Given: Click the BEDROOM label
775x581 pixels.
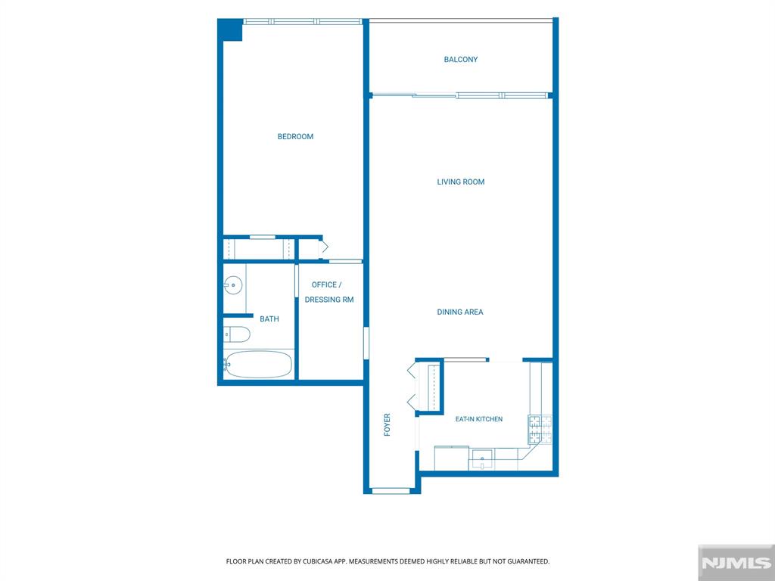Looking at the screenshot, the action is click(295, 136).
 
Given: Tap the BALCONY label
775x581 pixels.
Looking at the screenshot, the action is click(461, 59).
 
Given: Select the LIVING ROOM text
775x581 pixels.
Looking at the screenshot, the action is click(461, 182).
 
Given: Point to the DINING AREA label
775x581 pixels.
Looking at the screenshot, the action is click(460, 312).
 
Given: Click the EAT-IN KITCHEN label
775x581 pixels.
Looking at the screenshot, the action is click(479, 419).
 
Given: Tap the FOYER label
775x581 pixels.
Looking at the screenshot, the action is click(387, 424).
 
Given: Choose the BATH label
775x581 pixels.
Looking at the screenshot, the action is click(269, 319).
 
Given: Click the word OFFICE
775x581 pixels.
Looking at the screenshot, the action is click(324, 284).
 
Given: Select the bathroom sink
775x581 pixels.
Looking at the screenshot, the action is click(233, 285).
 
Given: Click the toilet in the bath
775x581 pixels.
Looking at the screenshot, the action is click(237, 334).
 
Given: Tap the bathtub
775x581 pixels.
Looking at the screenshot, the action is click(258, 365).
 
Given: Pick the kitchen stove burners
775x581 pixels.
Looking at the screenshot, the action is click(540, 429).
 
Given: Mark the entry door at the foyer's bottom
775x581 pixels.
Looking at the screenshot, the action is click(391, 490).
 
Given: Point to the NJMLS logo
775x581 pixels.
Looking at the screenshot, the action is click(736, 563).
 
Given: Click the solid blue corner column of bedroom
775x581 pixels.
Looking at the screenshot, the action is click(230, 30).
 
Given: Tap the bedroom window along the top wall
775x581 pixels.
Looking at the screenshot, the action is click(303, 21).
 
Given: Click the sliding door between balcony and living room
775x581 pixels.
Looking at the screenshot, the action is click(461, 95).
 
